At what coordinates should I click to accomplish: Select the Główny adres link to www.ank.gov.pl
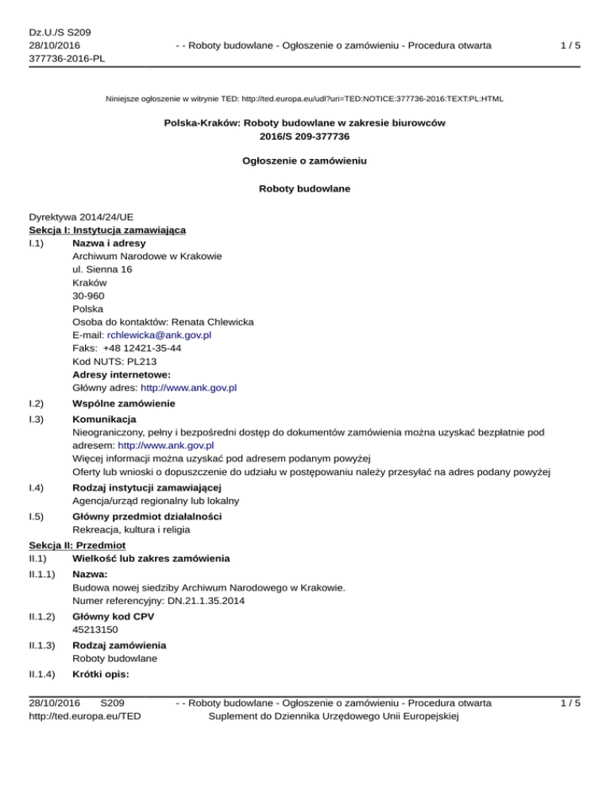(x=188, y=388)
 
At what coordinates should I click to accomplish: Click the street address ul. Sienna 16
(x=102, y=269)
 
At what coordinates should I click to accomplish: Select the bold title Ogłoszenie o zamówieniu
(x=304, y=160)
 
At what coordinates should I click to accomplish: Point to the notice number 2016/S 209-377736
(x=305, y=136)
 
